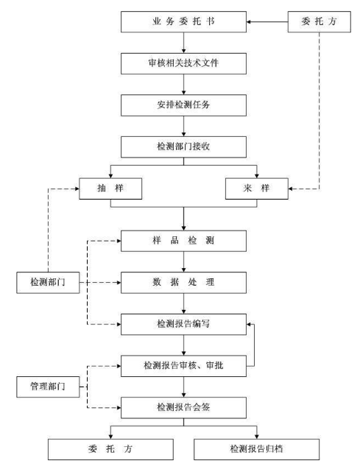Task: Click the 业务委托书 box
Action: pos(183,21)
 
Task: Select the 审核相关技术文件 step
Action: pos(183,63)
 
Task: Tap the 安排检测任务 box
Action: pos(183,105)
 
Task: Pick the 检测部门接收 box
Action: pos(183,147)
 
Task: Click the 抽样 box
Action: pos(110,189)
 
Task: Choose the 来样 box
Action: pos(257,189)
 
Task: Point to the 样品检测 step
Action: pos(183,241)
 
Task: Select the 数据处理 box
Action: pos(183,283)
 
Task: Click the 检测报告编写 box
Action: pos(183,324)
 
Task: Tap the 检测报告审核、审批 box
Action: pos(183,366)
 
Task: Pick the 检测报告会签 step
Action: pos(183,408)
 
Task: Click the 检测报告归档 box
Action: pos(257,449)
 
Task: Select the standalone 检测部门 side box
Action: pos(48,283)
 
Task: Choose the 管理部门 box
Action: pos(48,387)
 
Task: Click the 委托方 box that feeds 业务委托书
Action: pos(320,21)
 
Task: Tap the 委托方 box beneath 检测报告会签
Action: pos(110,449)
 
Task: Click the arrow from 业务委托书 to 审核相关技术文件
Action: pos(183,43)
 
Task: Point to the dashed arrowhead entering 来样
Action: pos(291,189)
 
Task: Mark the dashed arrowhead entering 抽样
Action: pos(77,189)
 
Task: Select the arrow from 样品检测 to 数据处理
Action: pos(183,262)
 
